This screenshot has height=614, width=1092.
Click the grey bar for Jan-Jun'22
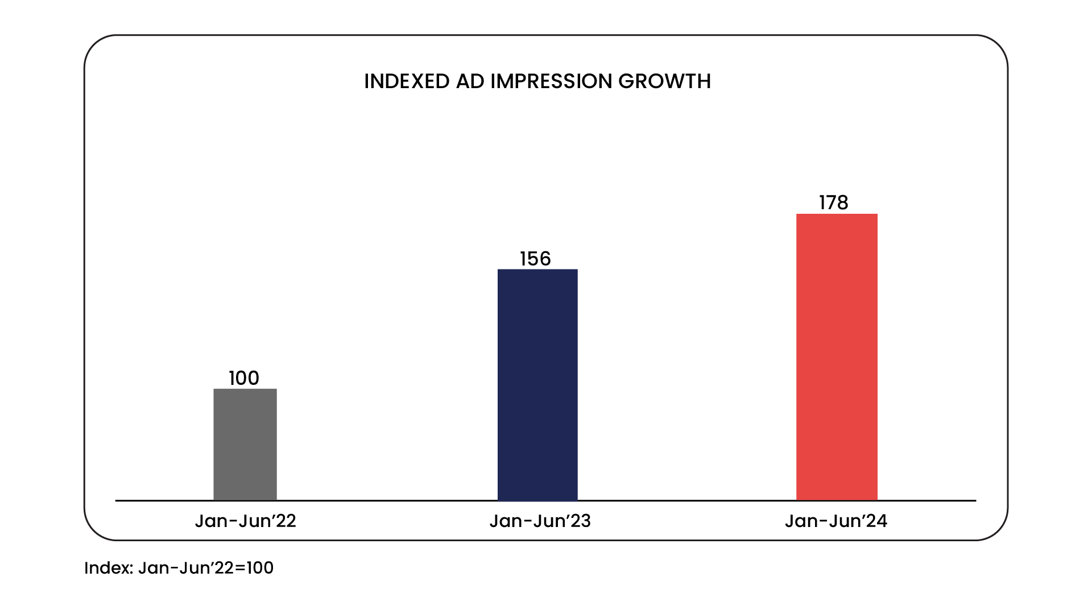point(245,445)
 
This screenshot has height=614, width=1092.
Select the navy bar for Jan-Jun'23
point(537,385)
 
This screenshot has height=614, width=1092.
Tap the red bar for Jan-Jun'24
point(837,357)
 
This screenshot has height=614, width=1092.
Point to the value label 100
point(244,378)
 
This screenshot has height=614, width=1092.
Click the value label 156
point(535,259)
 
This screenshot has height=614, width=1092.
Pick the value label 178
point(833,202)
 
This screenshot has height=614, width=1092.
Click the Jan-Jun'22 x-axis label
point(245,521)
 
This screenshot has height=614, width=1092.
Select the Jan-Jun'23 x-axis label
point(540,521)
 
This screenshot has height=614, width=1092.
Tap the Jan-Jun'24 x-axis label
point(835,521)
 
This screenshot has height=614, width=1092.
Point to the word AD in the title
point(470,81)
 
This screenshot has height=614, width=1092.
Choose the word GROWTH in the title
point(664,81)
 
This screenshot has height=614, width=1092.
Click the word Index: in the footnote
point(108,567)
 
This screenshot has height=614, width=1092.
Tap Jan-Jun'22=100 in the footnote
point(205,567)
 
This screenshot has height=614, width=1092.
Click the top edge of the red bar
point(837,214)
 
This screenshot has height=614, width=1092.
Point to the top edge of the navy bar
point(537,269)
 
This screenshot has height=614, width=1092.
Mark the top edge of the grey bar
point(245,389)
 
